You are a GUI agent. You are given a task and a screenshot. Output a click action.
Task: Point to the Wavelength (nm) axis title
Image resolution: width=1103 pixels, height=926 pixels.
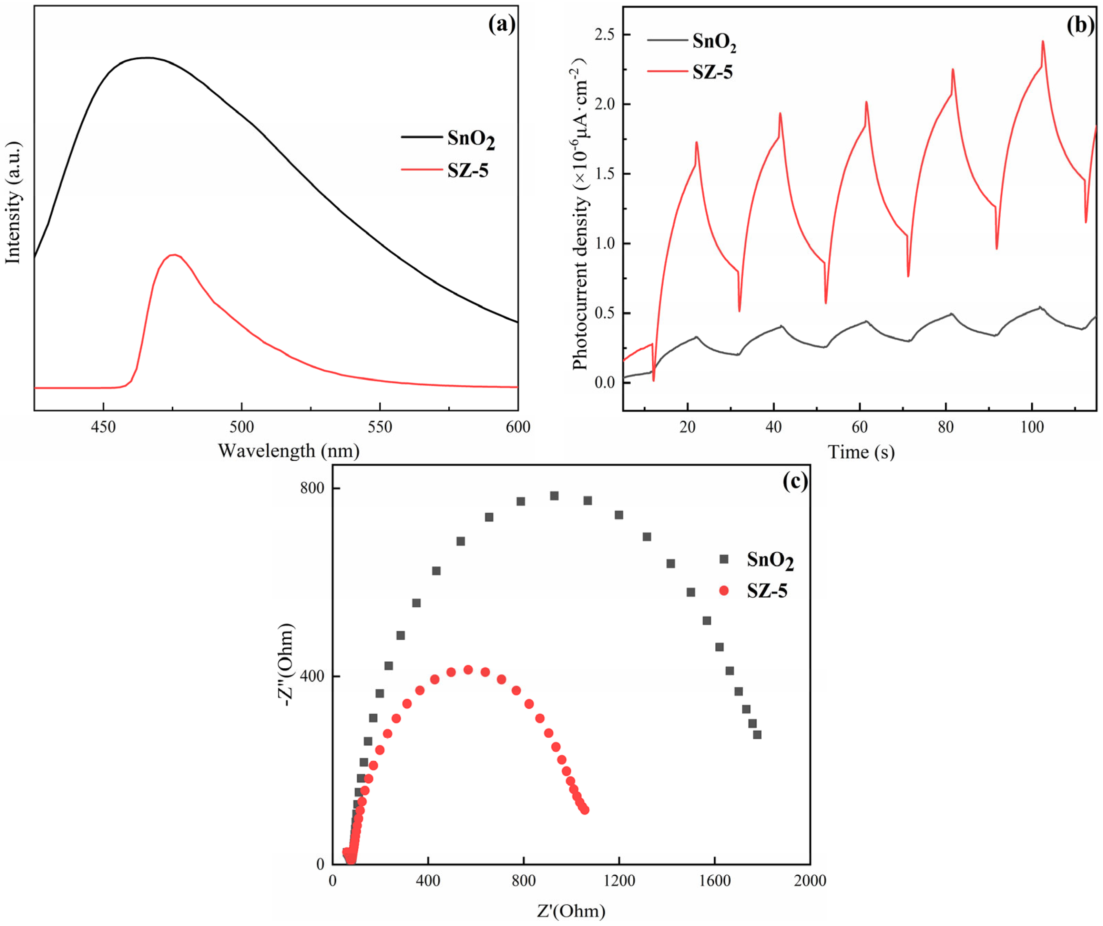point(288,451)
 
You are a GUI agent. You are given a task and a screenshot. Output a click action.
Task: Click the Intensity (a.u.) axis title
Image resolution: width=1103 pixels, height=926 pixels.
point(13,202)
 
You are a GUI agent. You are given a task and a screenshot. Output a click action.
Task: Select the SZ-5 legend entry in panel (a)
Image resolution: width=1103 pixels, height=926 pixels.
point(468,170)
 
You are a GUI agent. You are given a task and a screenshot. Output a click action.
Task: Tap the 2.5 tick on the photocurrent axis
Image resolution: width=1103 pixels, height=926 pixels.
point(604,35)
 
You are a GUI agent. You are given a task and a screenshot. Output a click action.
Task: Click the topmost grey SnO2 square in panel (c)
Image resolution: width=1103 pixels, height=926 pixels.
point(554,496)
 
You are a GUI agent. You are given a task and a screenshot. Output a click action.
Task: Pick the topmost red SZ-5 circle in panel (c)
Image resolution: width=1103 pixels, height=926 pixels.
point(468,670)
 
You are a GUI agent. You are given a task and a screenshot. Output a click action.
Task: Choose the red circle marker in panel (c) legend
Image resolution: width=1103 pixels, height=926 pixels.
point(724,590)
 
